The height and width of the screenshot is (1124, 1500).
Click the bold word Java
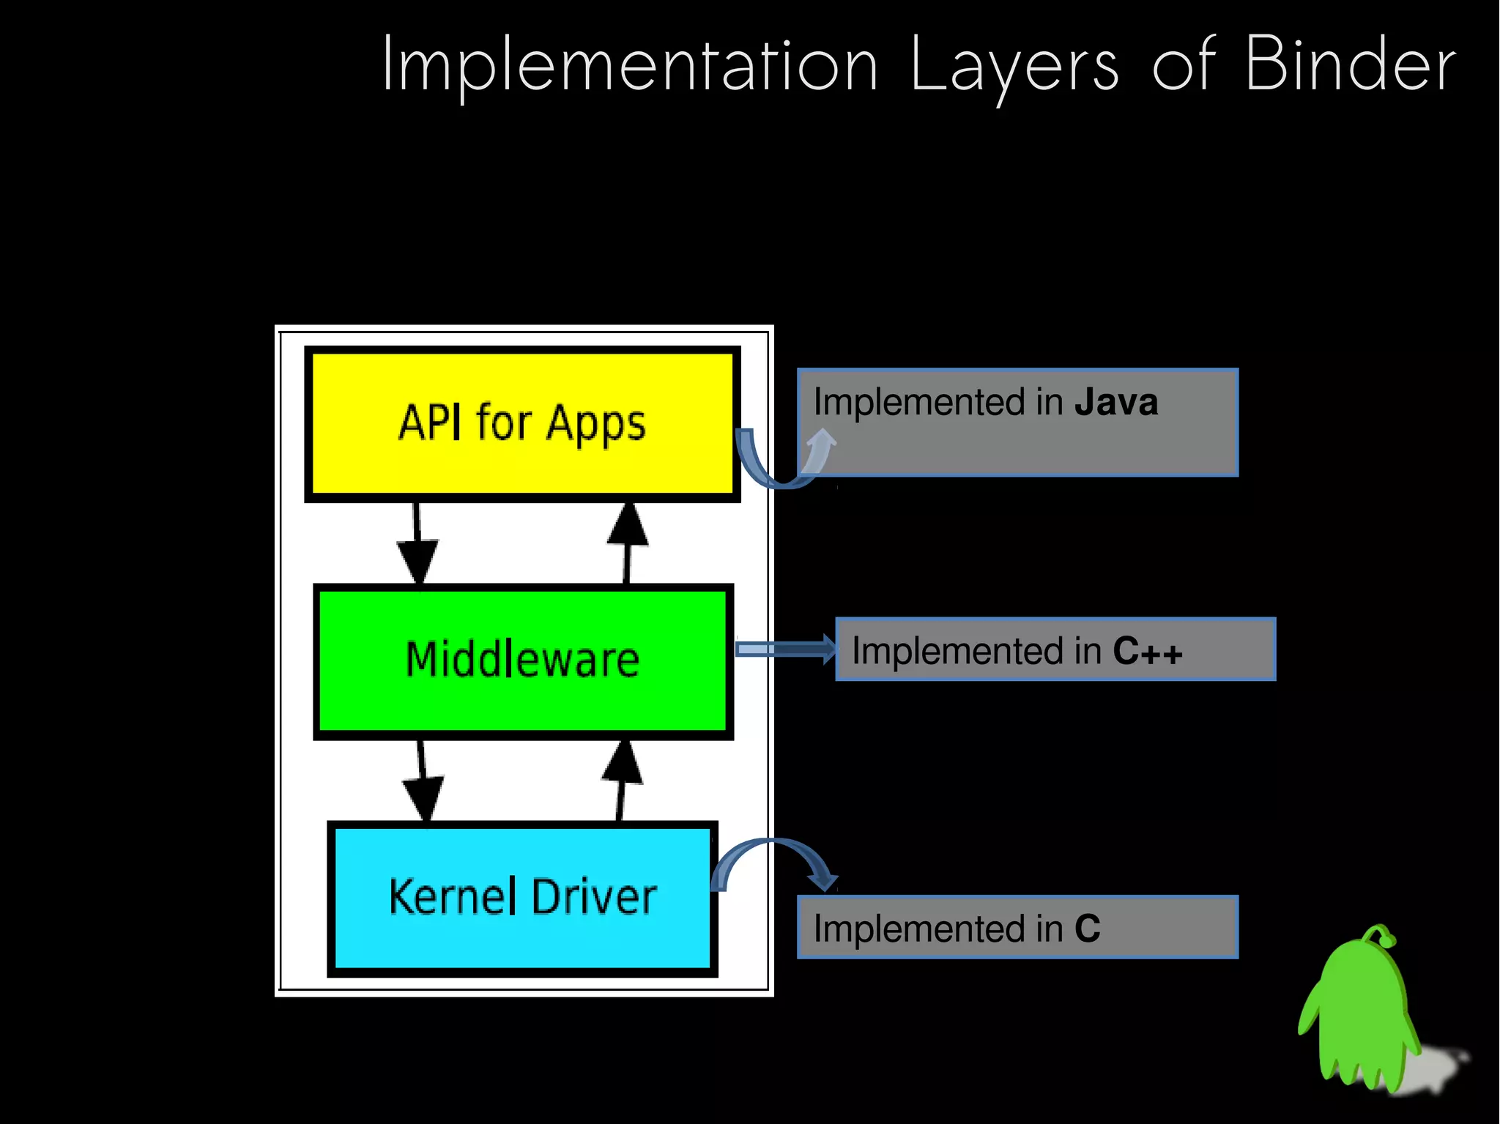click(x=1115, y=402)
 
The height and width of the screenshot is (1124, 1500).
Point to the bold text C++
click(x=1147, y=651)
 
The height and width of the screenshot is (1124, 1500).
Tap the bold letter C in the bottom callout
click(x=1087, y=928)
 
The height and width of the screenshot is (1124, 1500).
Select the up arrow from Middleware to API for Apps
click(x=628, y=542)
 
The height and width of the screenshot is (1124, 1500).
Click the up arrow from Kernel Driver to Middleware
click(x=621, y=780)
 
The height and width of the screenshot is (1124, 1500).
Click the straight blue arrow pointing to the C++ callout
click(x=784, y=649)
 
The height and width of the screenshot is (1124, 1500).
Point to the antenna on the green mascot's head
click(x=1380, y=933)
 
